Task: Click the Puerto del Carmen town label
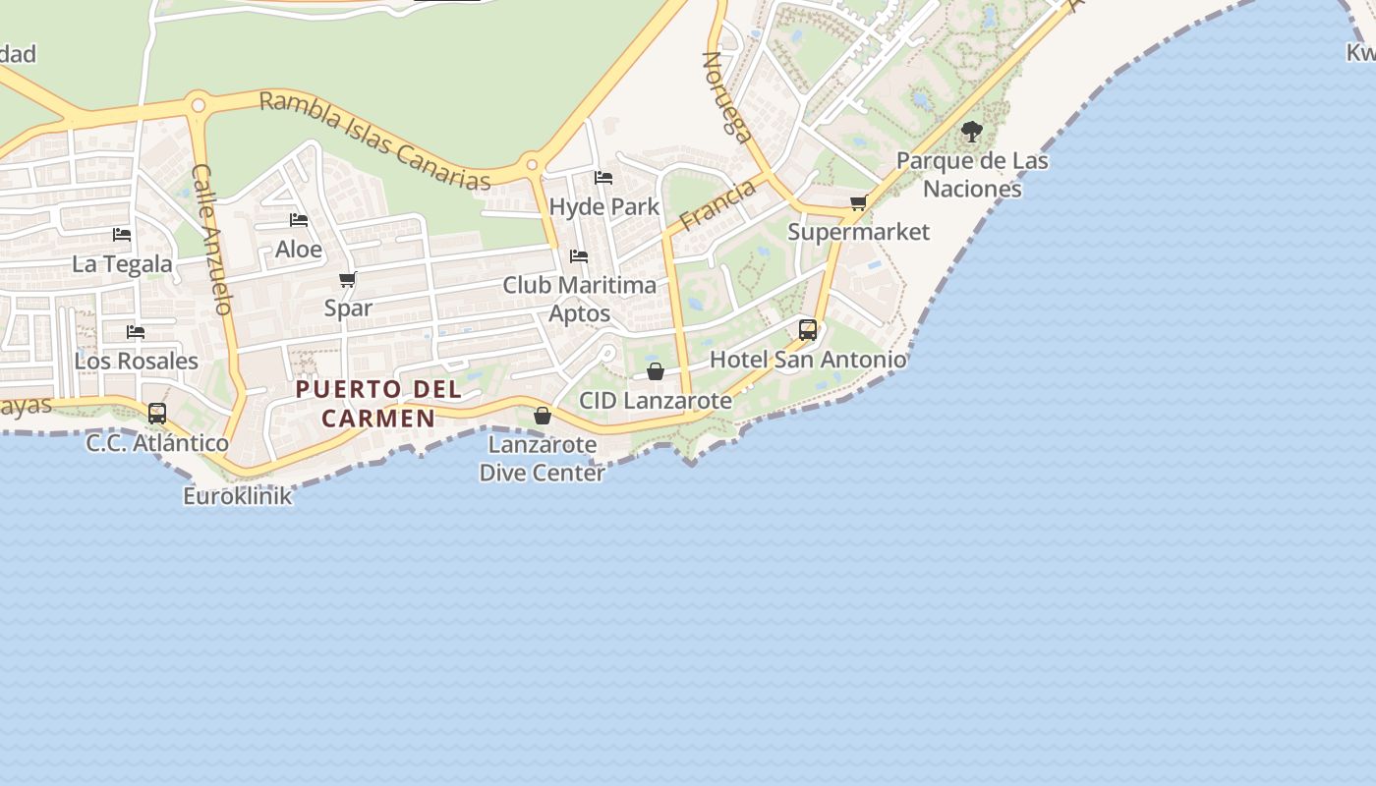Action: point(378,403)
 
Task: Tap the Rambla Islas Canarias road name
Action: point(373,140)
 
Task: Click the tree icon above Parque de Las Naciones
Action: point(971,131)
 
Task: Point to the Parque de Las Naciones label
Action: point(972,175)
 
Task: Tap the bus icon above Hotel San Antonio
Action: point(808,330)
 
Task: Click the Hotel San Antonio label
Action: point(808,360)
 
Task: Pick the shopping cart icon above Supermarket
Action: point(858,203)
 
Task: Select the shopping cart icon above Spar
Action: point(347,280)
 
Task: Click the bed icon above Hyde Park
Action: point(603,178)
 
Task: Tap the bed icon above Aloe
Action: point(299,220)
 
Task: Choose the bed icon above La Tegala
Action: point(122,235)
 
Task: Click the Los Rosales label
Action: point(137,361)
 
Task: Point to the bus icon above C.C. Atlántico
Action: point(157,414)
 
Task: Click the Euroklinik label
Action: point(238,495)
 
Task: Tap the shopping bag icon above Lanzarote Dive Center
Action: point(542,416)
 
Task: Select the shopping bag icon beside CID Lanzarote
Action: point(656,371)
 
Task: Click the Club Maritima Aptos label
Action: point(579,299)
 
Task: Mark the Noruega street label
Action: point(726,97)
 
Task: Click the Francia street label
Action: point(717,204)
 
